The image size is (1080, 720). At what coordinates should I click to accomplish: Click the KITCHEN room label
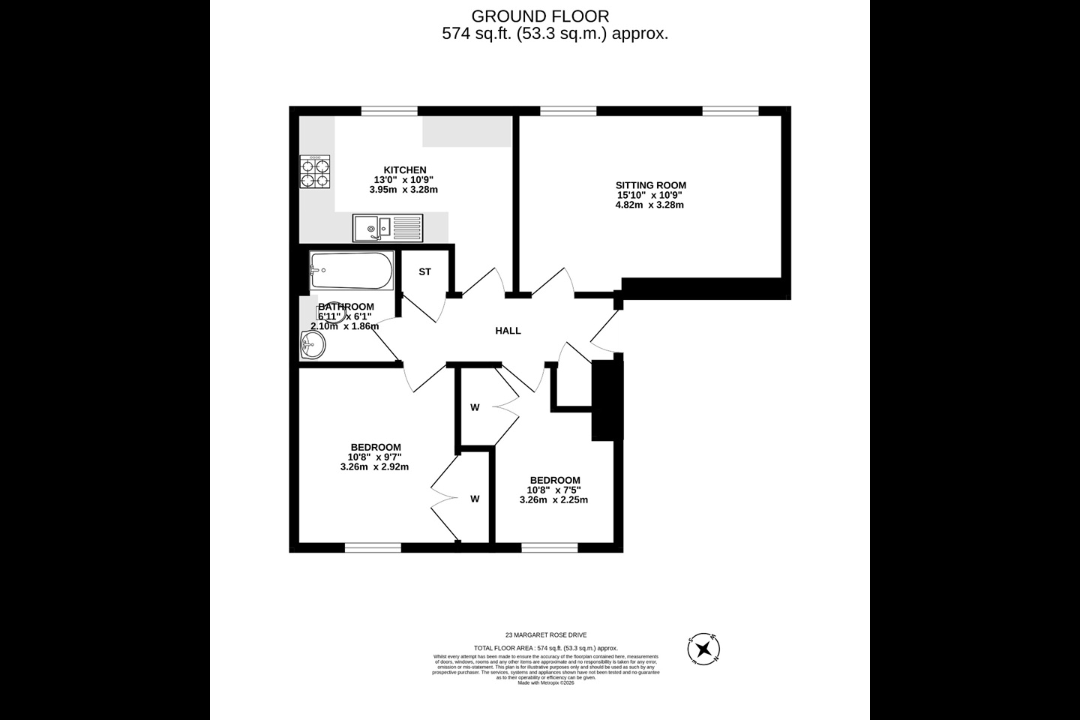[405, 170]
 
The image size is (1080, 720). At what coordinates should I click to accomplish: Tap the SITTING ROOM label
[650, 185]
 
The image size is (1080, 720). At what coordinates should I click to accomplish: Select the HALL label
[508, 331]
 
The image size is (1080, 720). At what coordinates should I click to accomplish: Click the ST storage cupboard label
[424, 271]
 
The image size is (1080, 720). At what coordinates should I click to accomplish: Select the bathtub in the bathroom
[351, 271]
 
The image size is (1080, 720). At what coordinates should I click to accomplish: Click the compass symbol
[703, 649]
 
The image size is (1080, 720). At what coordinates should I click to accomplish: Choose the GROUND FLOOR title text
[539, 16]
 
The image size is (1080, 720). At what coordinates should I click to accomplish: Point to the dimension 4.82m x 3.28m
[649, 205]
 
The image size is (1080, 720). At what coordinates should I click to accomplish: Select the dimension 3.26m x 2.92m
[374, 466]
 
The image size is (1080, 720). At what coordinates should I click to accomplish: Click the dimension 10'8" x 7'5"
[553, 490]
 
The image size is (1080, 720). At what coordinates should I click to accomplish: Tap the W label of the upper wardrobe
[475, 408]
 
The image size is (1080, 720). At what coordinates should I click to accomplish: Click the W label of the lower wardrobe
[475, 499]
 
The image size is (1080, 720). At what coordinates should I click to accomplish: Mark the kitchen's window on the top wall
[388, 111]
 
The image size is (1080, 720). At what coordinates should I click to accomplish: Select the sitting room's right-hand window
[730, 111]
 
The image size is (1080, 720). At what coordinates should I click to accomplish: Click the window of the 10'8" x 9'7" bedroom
[373, 548]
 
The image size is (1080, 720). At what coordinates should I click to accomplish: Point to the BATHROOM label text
[346, 307]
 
